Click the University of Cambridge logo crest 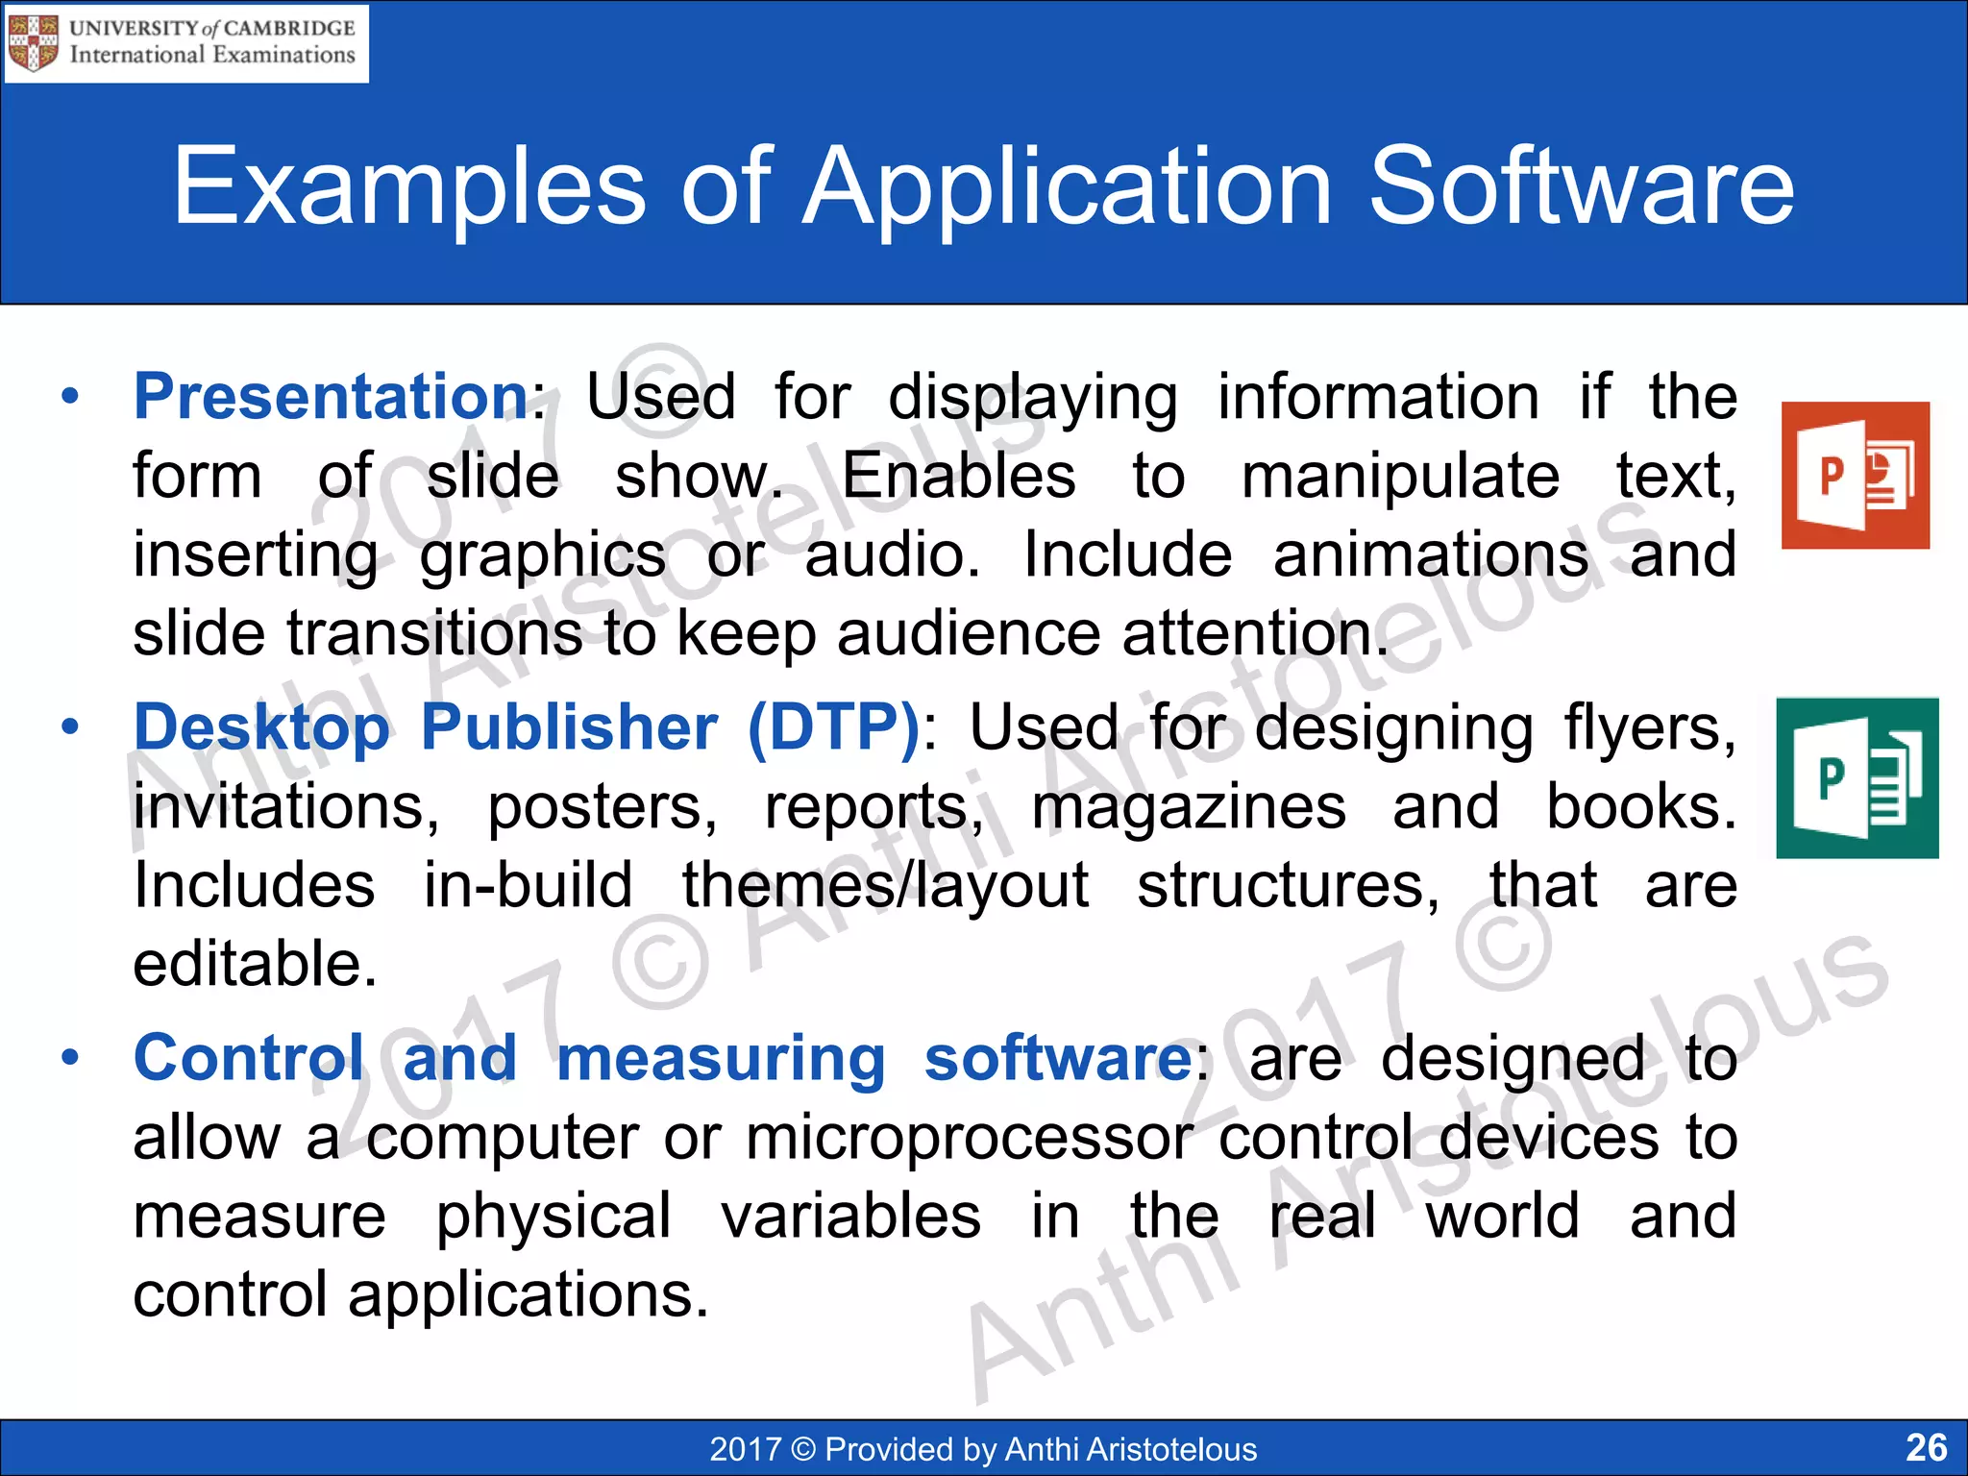[33, 43]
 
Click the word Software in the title [1580, 186]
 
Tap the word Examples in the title [409, 186]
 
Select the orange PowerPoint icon [1855, 476]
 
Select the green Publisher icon [1857, 778]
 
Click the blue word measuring [721, 1058]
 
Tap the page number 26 [1926, 1447]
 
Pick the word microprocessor [970, 1138]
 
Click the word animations [1430, 554]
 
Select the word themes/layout [885, 885]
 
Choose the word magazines [1189, 806]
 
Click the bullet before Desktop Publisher [69, 727]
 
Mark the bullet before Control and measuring [69, 1058]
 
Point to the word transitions [434, 633]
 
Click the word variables [851, 1217]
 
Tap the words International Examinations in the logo [212, 56]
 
